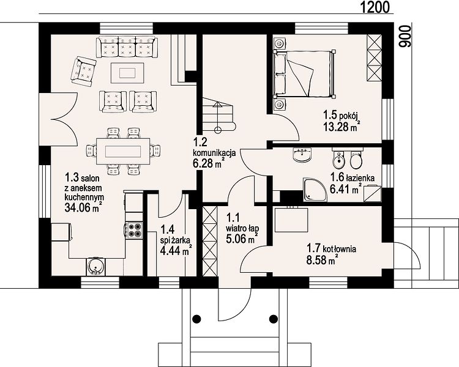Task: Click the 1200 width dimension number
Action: (375, 7)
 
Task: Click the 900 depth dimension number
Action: (405, 36)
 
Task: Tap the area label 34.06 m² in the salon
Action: (83, 207)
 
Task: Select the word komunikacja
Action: (214, 153)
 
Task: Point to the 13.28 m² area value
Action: (341, 127)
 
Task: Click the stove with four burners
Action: (135, 230)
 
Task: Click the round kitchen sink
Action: (95, 267)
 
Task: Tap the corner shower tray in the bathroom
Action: (315, 189)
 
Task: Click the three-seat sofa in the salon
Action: (127, 46)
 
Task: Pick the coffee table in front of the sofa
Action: (127, 73)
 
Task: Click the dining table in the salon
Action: (123, 152)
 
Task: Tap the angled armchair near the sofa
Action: (83, 71)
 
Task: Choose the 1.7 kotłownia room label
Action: (331, 249)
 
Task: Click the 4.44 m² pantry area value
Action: (176, 251)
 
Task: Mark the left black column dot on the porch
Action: (196, 318)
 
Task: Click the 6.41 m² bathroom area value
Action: (345, 189)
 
